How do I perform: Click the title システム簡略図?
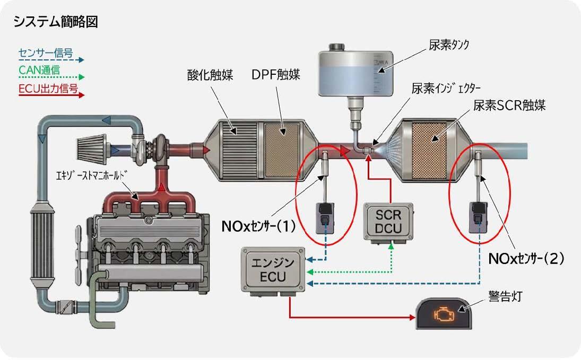coord(56,22)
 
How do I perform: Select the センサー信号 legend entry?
coord(46,53)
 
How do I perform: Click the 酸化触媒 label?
coord(210,75)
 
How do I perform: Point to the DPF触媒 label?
coord(276,75)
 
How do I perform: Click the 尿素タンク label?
coord(449,45)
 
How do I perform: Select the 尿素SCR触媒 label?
coord(509,106)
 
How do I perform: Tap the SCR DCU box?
coord(388,222)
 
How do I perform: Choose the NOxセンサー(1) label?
coord(258,226)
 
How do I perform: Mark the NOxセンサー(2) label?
coord(526,259)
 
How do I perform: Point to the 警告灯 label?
coord(506,296)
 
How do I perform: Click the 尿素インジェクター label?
coord(446,89)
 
